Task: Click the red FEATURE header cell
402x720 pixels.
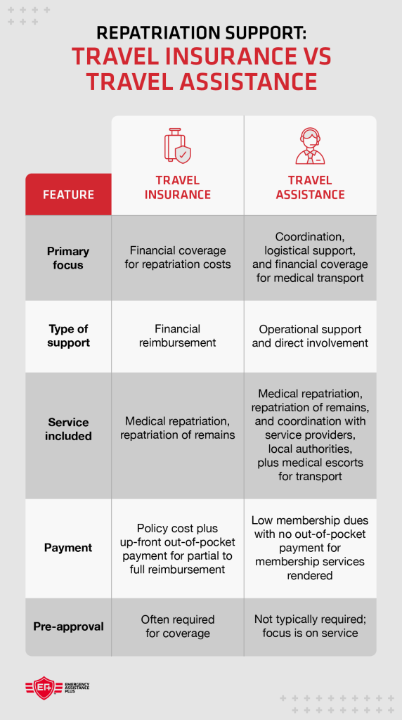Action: click(x=68, y=195)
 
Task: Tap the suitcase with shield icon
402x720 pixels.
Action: click(x=177, y=146)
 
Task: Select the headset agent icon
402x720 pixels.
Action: click(x=310, y=146)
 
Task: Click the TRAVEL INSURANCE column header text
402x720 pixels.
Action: click(x=177, y=188)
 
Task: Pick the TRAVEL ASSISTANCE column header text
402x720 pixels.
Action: click(x=310, y=188)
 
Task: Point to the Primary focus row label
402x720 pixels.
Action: click(x=68, y=258)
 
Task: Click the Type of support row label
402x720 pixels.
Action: click(x=68, y=335)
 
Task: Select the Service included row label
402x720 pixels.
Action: click(x=68, y=429)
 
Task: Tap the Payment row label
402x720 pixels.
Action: click(x=68, y=548)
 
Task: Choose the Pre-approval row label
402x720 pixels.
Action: click(x=68, y=626)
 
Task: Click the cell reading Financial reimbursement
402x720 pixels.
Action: click(x=177, y=335)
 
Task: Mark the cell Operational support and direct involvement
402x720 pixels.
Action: click(x=310, y=336)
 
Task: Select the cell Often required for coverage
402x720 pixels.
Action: click(x=177, y=626)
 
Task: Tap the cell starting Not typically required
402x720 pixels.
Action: click(x=310, y=626)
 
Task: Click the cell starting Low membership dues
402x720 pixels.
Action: click(x=310, y=548)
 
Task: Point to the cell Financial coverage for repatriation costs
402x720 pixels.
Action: click(x=177, y=257)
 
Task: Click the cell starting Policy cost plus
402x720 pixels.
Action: click(x=177, y=548)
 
